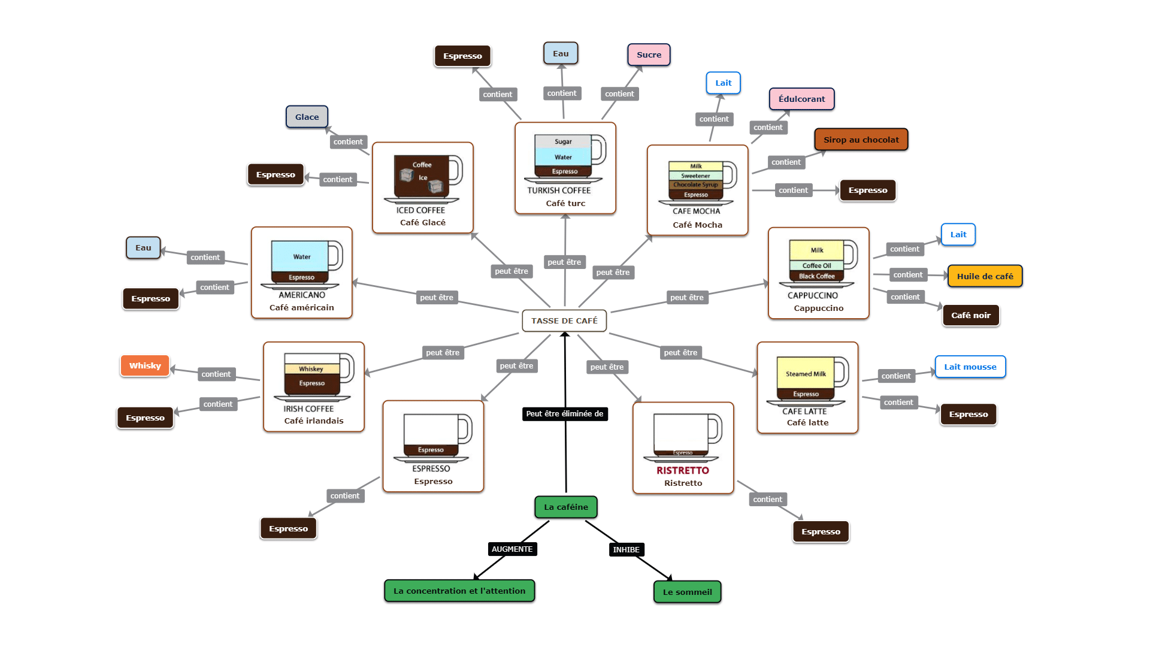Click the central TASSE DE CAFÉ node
(564, 321)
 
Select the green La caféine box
(565, 507)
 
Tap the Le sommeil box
(687, 592)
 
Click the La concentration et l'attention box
(459, 591)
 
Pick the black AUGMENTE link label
(512, 549)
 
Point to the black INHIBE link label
(626, 549)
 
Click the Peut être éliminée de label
(564, 413)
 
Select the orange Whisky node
(145, 365)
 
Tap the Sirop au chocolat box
(861, 140)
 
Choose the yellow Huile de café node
(985, 276)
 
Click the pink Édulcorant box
(801, 99)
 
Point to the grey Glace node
(307, 117)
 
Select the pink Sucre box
(649, 55)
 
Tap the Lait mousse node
(970, 367)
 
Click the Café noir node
(970, 315)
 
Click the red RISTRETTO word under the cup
(682, 470)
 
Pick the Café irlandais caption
(314, 421)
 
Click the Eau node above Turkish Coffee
(561, 53)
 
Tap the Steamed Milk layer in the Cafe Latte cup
(806, 373)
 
